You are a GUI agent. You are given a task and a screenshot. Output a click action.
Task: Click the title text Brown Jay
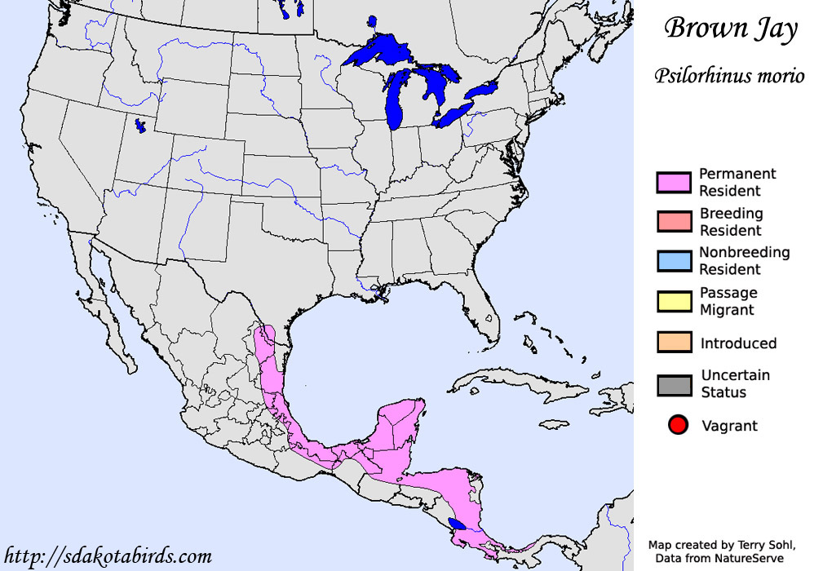[x=730, y=29]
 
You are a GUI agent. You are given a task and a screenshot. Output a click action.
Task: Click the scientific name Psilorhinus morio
[x=729, y=76]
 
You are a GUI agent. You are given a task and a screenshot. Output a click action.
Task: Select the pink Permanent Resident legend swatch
[x=674, y=182]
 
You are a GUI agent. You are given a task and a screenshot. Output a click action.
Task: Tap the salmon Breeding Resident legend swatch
[x=674, y=221]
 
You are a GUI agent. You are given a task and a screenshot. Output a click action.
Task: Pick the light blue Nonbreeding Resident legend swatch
[x=674, y=260]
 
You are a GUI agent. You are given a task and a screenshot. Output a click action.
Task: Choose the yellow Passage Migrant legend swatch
[x=674, y=301]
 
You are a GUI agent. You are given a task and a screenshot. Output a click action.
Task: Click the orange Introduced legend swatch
[x=674, y=343]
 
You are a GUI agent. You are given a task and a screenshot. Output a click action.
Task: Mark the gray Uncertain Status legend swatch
[x=674, y=384]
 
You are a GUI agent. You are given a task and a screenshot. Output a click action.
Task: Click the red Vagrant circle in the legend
[x=677, y=425]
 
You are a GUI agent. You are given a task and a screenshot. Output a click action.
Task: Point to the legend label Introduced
[x=738, y=343]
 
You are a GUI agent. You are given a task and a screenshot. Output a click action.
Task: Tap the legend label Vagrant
[x=729, y=426]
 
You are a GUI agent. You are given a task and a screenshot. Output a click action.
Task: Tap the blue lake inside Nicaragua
[x=458, y=524]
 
